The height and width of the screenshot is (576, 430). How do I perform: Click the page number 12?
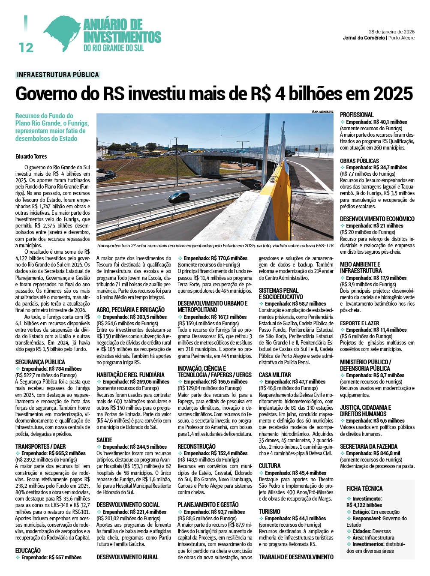click(26, 47)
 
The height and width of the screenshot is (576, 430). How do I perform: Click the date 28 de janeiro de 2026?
click(391, 32)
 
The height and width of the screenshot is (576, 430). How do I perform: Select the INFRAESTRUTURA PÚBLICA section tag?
click(58, 75)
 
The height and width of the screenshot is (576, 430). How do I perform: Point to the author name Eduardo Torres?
click(31, 156)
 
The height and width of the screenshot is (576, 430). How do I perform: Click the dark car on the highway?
click(179, 197)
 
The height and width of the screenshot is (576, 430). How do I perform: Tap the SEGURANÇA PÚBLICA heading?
click(40, 362)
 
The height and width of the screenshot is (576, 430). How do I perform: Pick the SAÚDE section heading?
click(104, 440)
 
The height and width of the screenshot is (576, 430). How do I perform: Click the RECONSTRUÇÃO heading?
click(197, 447)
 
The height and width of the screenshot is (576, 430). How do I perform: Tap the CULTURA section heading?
click(270, 466)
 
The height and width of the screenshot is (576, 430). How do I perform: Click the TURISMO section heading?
click(270, 512)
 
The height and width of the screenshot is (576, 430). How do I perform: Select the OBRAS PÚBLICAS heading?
click(360, 161)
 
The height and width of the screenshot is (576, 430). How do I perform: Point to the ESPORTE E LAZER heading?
click(360, 323)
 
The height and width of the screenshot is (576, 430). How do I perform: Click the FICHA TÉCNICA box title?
click(364, 489)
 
